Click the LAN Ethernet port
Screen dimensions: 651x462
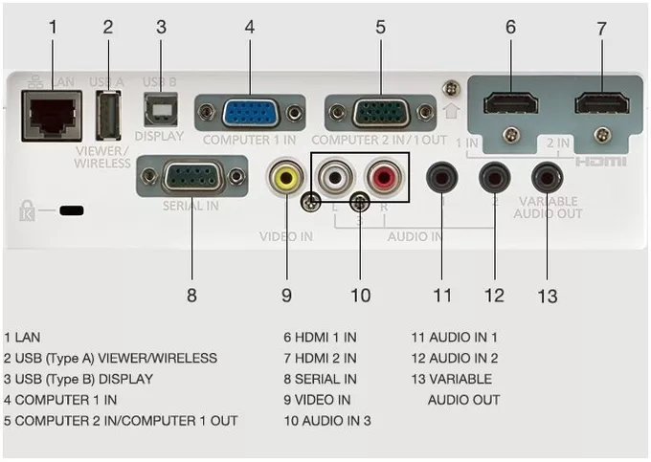click(x=52, y=116)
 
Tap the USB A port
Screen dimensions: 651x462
click(x=108, y=116)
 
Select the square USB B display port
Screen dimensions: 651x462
click(x=161, y=109)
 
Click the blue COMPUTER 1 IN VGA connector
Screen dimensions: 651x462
click(x=251, y=112)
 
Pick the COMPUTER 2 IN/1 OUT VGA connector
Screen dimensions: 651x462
click(x=381, y=112)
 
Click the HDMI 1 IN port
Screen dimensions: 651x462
click(x=510, y=103)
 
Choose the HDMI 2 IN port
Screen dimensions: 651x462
click(x=602, y=103)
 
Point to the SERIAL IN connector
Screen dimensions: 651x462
click(x=192, y=177)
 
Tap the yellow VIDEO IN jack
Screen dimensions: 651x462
click(x=286, y=177)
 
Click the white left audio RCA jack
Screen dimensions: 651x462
click(x=335, y=177)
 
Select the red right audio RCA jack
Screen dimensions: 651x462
click(x=385, y=177)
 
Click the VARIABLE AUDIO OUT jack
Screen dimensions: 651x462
click(x=548, y=178)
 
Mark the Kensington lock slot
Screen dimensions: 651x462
click(x=72, y=210)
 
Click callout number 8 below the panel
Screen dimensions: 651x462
click(x=191, y=296)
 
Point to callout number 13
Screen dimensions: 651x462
click(x=548, y=297)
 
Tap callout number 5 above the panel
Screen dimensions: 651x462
click(x=380, y=28)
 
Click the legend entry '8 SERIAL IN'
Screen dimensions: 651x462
click(x=320, y=379)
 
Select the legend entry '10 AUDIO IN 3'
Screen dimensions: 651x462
click(x=327, y=421)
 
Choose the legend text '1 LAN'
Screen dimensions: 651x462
click(x=22, y=337)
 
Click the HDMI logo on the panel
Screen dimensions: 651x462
click(x=600, y=162)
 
